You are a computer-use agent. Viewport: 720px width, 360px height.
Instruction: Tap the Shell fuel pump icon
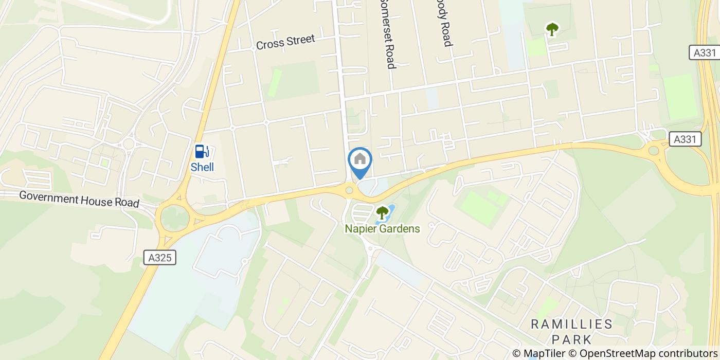coord(202,152)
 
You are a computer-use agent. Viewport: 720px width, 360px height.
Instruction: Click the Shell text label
coord(202,167)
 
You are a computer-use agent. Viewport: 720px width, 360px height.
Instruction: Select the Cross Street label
coord(285,42)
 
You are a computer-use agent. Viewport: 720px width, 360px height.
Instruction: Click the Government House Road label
coord(79,200)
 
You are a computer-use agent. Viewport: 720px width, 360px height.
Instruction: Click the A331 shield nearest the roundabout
coord(685,139)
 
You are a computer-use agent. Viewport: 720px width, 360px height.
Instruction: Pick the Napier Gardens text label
coord(382,229)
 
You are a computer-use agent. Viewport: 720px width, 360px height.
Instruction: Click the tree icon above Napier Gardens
coord(382,212)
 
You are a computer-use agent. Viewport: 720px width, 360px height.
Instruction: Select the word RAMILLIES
coord(572,324)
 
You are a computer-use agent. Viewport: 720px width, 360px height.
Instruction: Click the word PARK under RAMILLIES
coord(572,339)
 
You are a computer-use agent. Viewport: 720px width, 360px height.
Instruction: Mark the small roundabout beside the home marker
coord(350,191)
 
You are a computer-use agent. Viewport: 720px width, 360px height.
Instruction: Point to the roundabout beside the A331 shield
coord(654,151)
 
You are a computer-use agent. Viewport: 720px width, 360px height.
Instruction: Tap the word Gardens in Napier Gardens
coord(399,229)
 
